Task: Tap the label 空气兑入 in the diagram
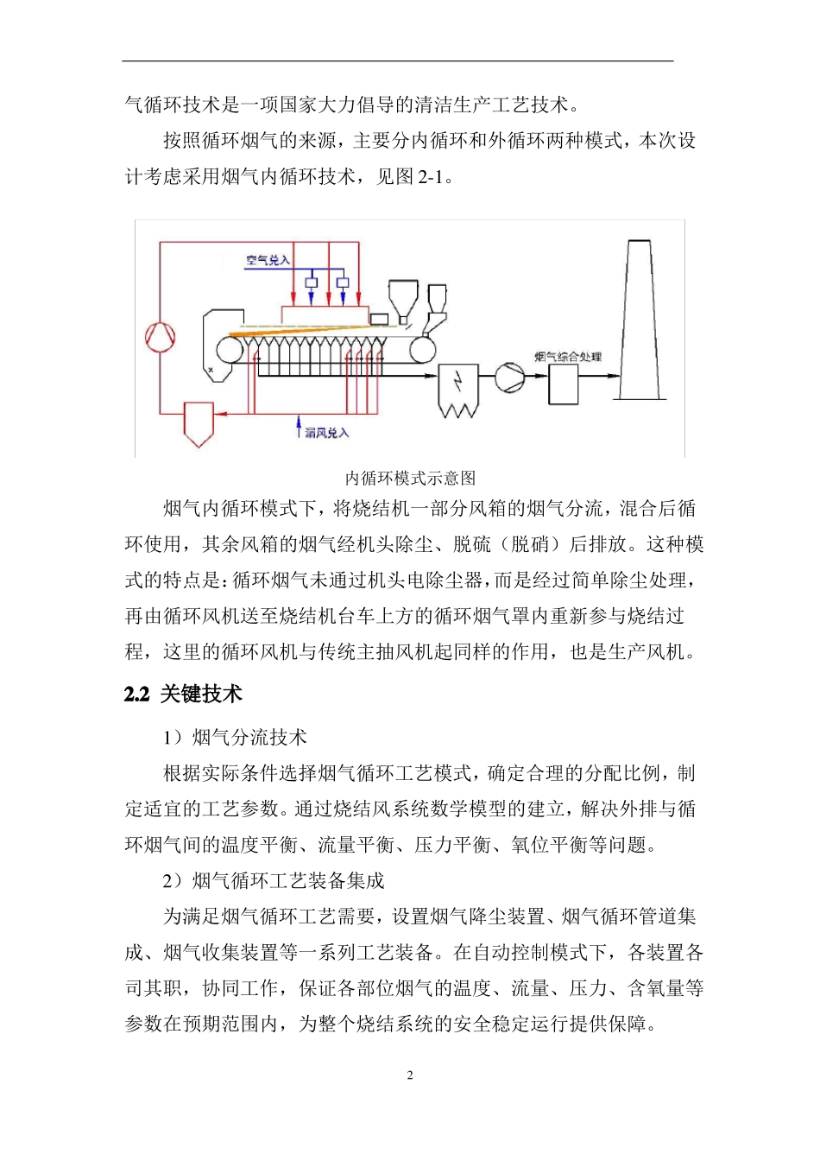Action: (x=268, y=260)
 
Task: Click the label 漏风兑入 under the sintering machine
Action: (x=327, y=433)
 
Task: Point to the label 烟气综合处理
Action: (x=567, y=356)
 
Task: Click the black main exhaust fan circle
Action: (x=509, y=377)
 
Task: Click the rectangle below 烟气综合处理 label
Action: (x=564, y=384)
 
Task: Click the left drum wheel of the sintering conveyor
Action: (x=229, y=349)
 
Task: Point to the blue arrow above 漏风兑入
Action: (x=298, y=426)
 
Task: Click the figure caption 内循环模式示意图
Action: (x=410, y=478)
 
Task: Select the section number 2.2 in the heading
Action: (x=137, y=695)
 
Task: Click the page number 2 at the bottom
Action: (x=410, y=1075)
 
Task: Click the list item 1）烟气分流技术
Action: (x=235, y=737)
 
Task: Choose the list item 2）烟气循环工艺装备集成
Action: (x=274, y=881)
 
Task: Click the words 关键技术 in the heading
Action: (x=201, y=695)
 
